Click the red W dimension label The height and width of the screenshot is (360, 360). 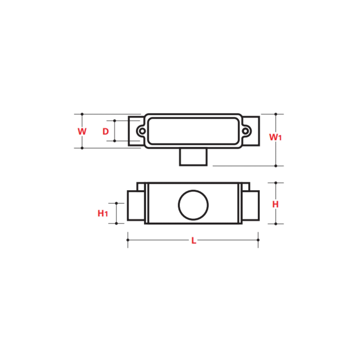[x=82, y=131]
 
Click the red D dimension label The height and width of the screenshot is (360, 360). [x=106, y=131]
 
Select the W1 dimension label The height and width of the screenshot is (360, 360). [x=275, y=137]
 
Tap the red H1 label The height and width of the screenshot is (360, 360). [x=103, y=213]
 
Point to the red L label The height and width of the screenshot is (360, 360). [x=194, y=240]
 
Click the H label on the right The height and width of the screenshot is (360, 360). [x=275, y=204]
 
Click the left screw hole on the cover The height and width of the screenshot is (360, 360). [x=142, y=131]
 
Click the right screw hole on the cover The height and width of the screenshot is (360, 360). [x=245, y=131]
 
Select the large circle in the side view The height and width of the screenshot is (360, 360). [x=193, y=205]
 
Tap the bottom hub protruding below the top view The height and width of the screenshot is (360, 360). [x=193, y=157]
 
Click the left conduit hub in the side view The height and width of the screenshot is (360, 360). [x=136, y=206]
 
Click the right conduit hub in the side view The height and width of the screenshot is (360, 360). [x=251, y=206]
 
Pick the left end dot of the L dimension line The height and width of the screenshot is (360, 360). [x=128, y=240]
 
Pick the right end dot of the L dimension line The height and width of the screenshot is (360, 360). [x=258, y=240]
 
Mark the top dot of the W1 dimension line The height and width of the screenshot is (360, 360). [x=276, y=114]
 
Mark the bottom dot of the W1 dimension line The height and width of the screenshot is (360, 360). [x=276, y=166]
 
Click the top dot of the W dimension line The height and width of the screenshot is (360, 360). [x=82, y=114]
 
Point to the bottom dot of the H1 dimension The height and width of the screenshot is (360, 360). [x=116, y=223]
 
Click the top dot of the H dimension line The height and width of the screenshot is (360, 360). [x=276, y=183]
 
